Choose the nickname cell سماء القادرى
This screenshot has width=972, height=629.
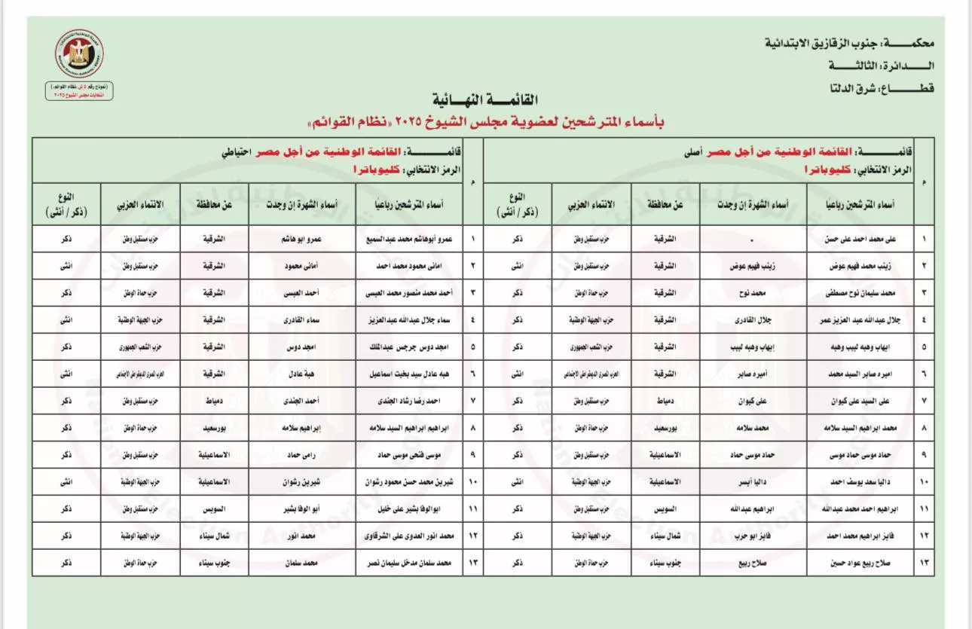pyautogui.click(x=302, y=319)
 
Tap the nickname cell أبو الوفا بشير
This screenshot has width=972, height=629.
pyautogui.click(x=302, y=509)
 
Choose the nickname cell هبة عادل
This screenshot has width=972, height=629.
pyautogui.click(x=302, y=374)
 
